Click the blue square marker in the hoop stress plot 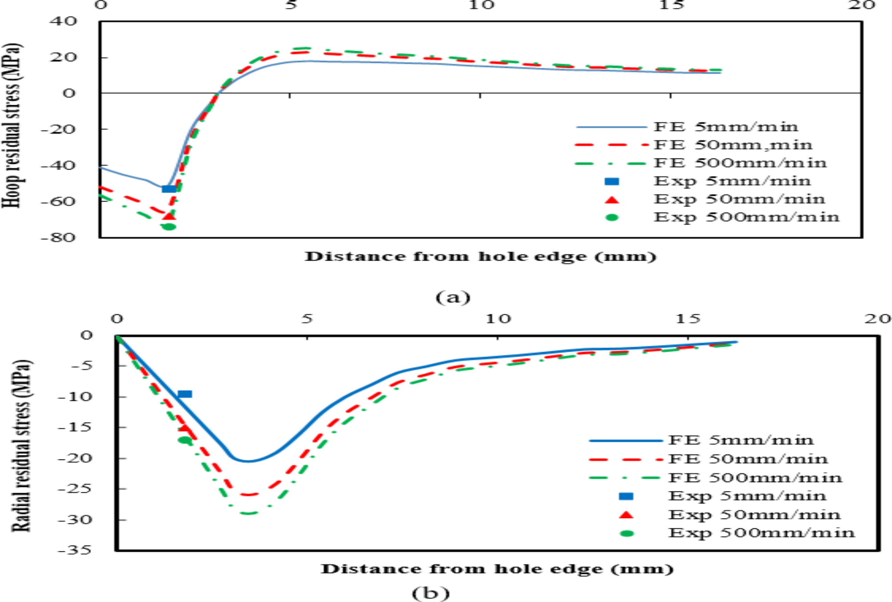click(169, 189)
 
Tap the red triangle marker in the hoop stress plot click(169, 216)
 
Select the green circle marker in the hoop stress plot click(169, 227)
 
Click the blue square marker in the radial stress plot click(185, 394)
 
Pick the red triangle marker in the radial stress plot click(184, 428)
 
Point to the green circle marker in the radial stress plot click(184, 440)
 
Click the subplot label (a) click(453, 297)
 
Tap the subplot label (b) click(430, 593)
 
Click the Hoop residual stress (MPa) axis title click(12, 125)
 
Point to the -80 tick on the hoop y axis click(58, 237)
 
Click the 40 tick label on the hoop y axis click(63, 21)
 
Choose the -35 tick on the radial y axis click(74, 550)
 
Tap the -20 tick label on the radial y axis click(74, 458)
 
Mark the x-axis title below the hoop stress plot click(480, 256)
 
